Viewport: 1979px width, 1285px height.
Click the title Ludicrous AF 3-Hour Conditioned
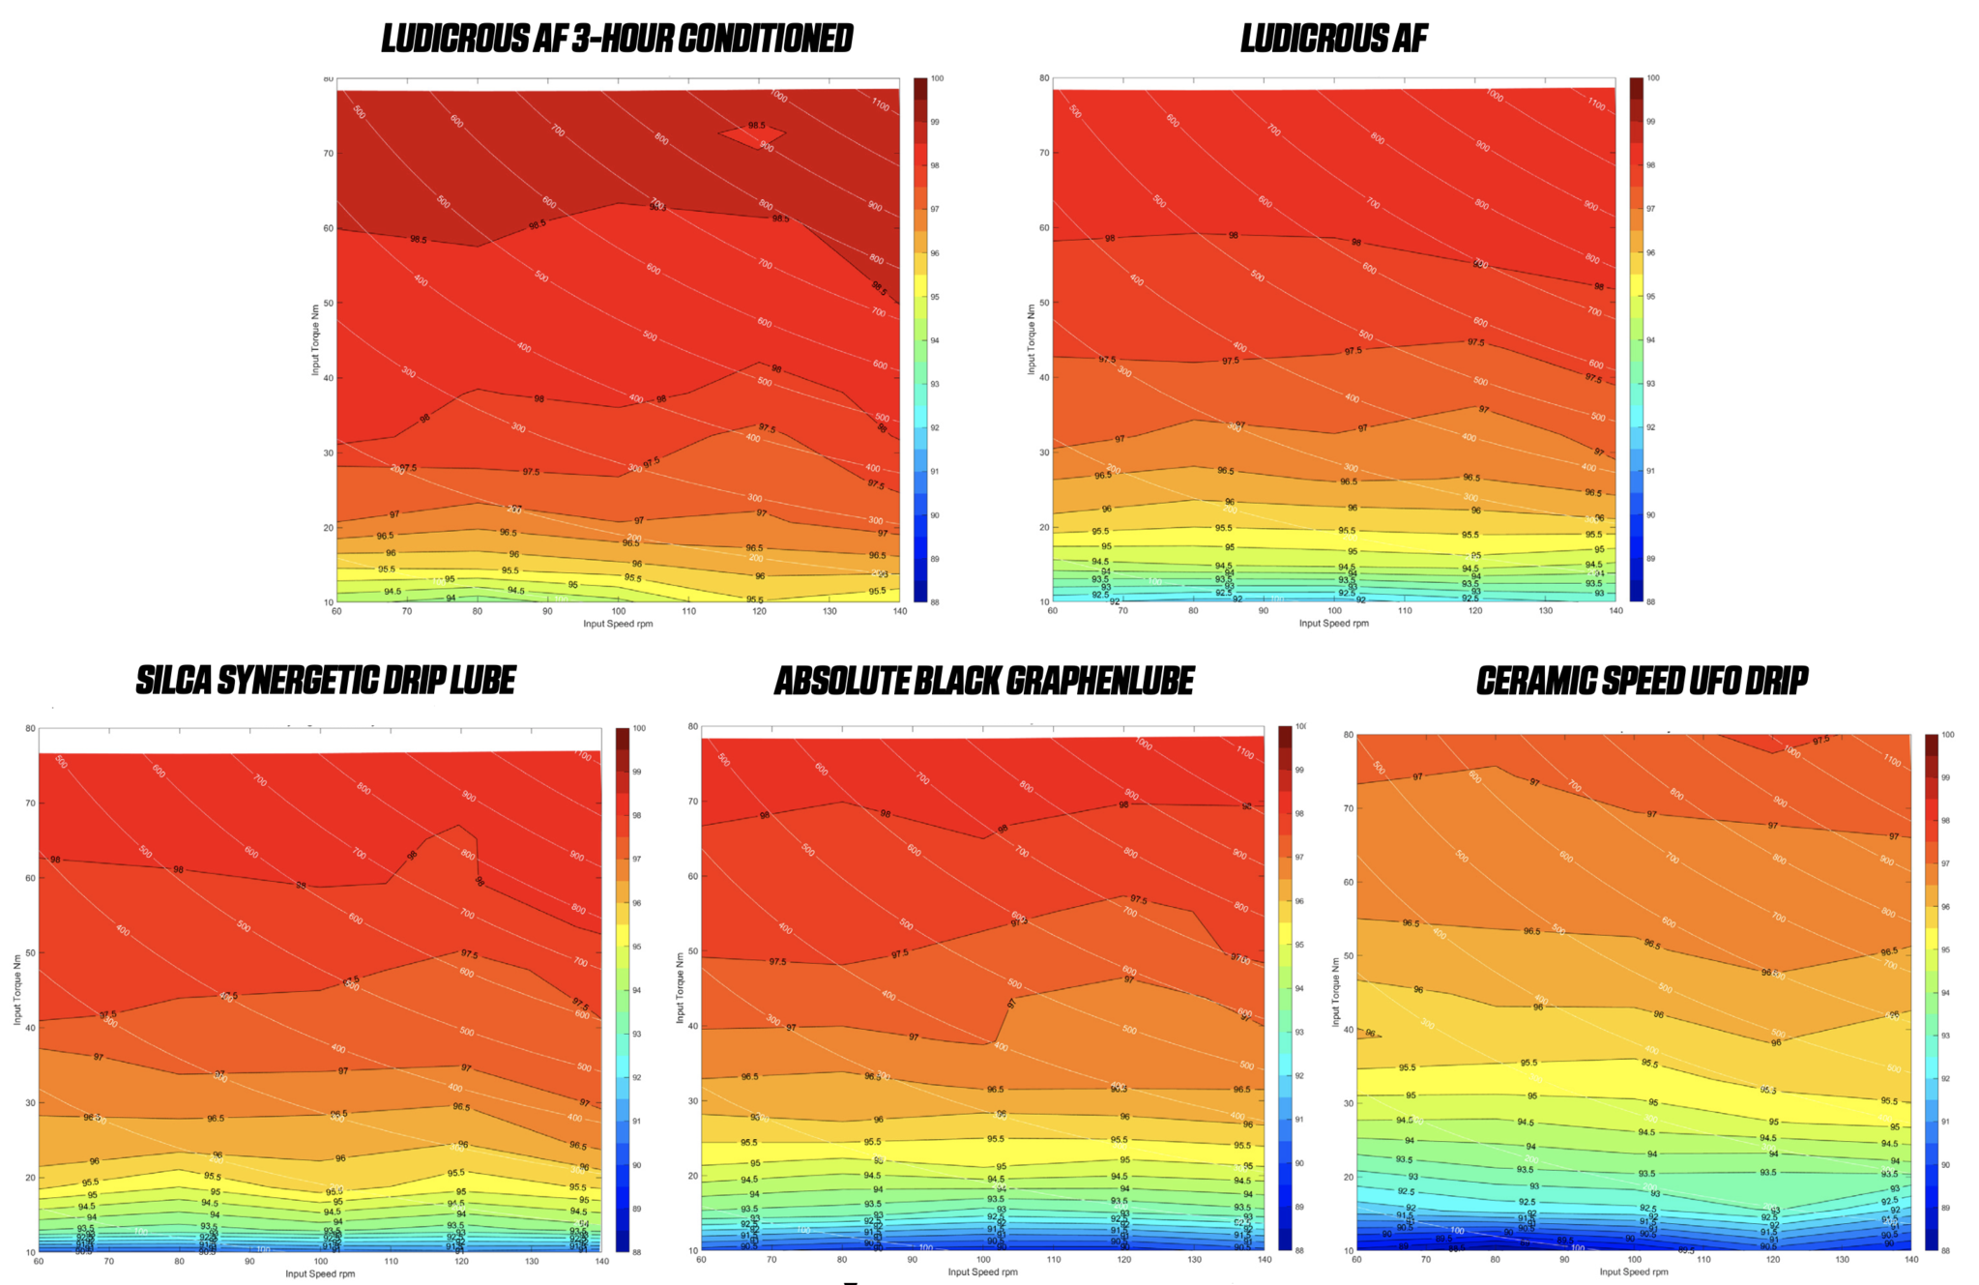pos(617,39)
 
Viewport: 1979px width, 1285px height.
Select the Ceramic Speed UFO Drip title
pos(1642,681)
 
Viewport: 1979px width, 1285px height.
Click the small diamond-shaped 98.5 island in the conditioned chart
pos(752,133)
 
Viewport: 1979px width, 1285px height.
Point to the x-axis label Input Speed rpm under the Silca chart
pos(320,1273)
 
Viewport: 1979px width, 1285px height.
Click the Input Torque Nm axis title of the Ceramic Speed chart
pos(1336,992)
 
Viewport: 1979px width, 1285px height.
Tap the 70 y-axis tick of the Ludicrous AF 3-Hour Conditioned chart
pos(328,153)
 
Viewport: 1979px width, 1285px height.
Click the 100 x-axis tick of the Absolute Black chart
pos(983,1260)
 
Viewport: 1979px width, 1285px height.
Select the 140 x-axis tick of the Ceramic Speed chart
pos(1910,1260)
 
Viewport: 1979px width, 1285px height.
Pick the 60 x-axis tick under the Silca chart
pos(39,1261)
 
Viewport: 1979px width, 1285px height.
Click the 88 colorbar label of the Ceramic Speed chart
pos(1947,1250)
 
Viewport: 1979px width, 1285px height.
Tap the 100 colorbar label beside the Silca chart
pos(638,728)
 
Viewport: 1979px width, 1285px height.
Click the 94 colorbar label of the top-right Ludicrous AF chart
pos(1650,340)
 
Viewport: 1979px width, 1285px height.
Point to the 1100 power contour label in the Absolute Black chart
pos(1243,752)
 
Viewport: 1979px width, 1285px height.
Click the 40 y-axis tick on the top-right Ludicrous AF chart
pos(1044,377)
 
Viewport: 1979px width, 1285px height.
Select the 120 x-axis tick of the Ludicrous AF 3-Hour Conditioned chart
pos(759,611)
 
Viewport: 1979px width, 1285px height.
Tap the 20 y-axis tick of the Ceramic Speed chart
pos(1348,1177)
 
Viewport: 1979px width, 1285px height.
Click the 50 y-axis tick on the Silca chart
pos(30,953)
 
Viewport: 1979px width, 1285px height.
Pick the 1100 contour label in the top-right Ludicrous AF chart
pos(1595,103)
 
